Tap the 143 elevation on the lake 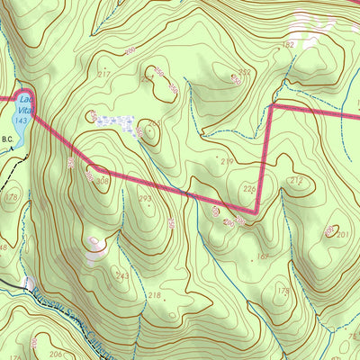tap(20, 119)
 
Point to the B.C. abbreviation tap(8, 139)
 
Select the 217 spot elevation tap(103, 74)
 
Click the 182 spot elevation tap(288, 44)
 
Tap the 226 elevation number tap(250, 188)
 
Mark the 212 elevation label tap(296, 181)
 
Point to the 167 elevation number tap(263, 256)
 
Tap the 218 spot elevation tap(154, 295)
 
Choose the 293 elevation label tap(145, 198)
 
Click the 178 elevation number tap(11, 196)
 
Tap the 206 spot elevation tap(56, 355)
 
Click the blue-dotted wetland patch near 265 tap(120, 123)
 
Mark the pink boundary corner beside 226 tap(256, 212)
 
